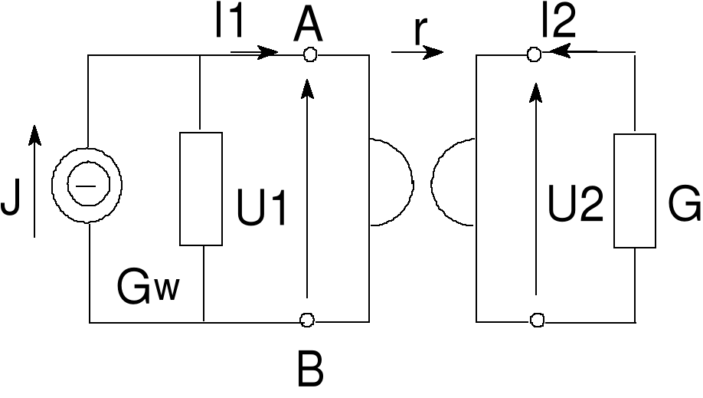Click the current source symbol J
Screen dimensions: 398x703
87,184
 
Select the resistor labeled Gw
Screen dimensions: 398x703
201,189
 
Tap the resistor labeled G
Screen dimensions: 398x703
635,191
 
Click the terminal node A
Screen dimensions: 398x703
309,54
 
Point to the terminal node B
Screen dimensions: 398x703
308,320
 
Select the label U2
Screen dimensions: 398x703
575,206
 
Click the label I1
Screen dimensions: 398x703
229,22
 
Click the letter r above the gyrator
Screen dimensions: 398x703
420,30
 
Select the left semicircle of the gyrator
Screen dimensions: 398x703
391,183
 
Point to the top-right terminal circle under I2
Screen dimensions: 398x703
535,54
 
